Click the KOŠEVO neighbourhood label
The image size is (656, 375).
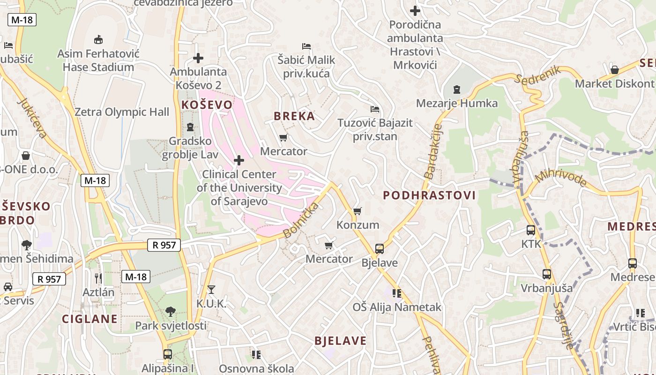pos(207,105)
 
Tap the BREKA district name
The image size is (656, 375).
pos(294,116)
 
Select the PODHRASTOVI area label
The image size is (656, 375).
pos(429,195)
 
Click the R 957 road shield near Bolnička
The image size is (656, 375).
pos(164,245)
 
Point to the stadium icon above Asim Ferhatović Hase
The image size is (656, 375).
pos(98,39)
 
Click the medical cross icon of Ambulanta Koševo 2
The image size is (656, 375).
pos(198,58)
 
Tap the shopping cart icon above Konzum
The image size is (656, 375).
pos(358,211)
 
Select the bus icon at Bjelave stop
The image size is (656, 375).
pos(380,249)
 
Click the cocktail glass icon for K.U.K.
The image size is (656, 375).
pos(211,290)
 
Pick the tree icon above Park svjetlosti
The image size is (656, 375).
pos(171,311)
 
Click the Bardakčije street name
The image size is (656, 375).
pos(432,151)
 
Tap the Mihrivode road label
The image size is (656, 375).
pos(561,180)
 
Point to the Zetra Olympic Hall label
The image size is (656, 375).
pos(122,112)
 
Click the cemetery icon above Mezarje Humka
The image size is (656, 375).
pos(457,89)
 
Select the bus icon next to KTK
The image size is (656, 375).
pos(531,230)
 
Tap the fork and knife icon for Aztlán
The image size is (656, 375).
pos(98,278)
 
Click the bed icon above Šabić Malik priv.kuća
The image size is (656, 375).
pos(306,46)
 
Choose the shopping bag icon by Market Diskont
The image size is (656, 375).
pos(615,70)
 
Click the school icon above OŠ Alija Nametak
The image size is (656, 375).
pos(397,293)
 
